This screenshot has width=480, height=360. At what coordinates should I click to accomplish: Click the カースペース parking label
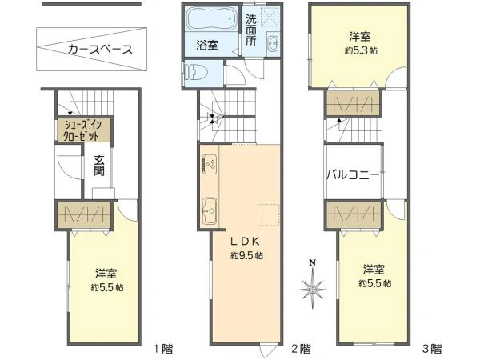coord(99,50)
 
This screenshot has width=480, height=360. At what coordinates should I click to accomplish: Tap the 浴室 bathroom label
coord(207,46)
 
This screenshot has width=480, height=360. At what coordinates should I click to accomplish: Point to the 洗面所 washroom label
coord(251,30)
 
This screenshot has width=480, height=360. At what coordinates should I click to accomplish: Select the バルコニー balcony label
coord(353,174)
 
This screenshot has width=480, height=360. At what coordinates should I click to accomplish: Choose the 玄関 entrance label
coord(98,165)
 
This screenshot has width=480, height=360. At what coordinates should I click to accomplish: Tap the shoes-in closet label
coord(83,130)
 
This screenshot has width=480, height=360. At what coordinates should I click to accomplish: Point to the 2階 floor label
coord(300,348)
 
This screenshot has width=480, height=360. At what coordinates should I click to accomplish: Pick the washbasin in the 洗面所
coord(274,45)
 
